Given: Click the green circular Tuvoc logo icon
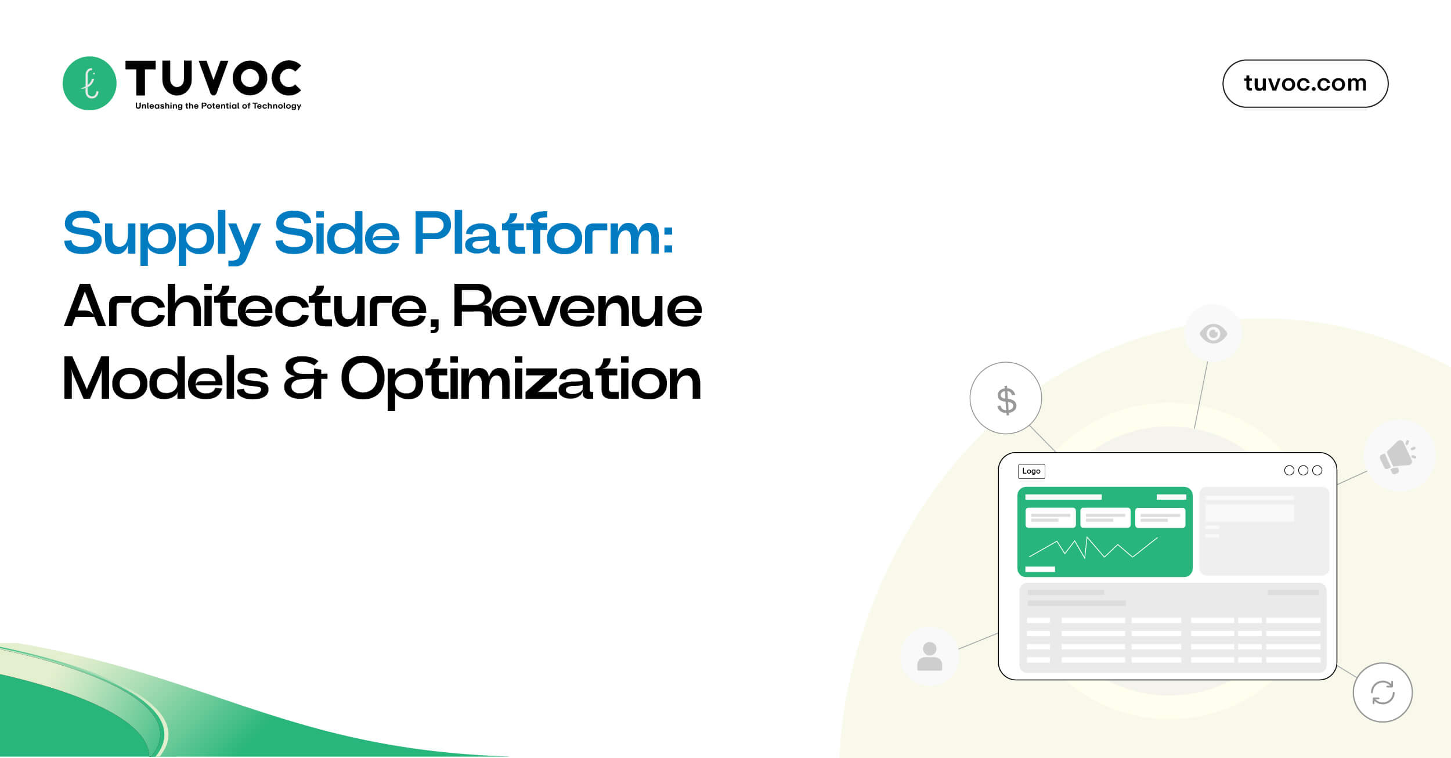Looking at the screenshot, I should pos(89,83).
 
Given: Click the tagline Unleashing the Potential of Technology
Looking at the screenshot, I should pos(218,106).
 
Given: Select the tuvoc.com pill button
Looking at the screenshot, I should pos(1305,84).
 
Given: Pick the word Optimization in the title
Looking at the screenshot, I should pos(521,380).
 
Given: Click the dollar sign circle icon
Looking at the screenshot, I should pos(1006,399).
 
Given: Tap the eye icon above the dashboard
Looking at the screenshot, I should pos(1213,333).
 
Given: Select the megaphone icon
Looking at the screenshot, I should pos(1398,456).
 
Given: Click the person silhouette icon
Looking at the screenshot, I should pos(929,656).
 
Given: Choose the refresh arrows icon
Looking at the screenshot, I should pos(1383,692).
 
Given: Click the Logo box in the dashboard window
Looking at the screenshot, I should pos(1031,471).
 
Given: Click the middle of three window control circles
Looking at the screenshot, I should pos(1303,470).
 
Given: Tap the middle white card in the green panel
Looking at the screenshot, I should pos(1105,517).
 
